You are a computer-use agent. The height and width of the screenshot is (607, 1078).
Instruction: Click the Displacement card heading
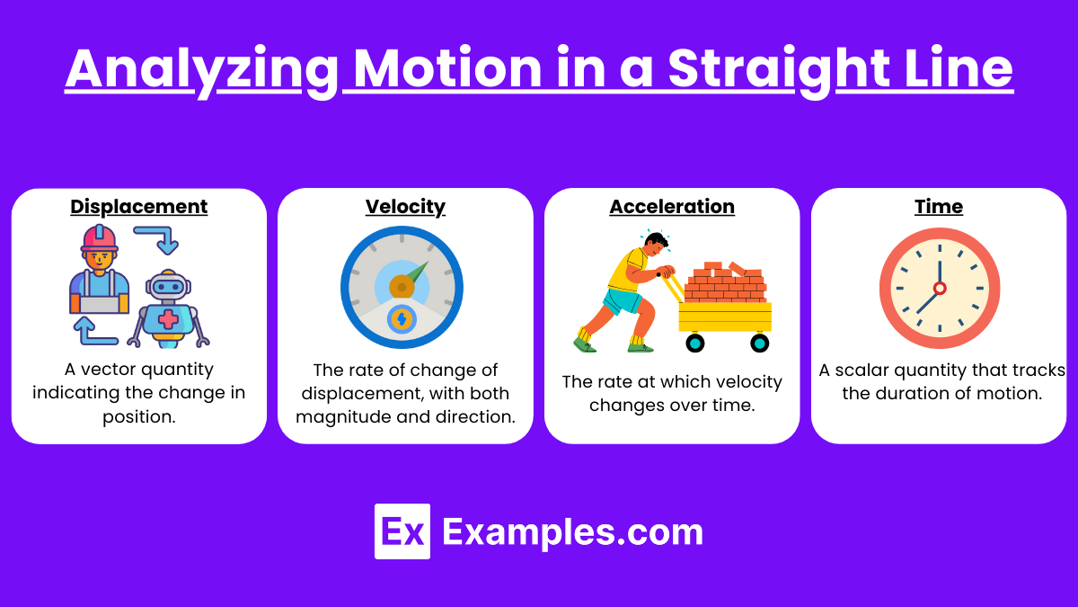coord(138,207)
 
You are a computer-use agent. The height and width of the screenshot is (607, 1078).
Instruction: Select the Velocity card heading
coord(405,207)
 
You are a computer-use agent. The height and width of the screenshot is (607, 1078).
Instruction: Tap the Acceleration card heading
coord(672,207)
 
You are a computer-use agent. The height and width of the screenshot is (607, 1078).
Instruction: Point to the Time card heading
coord(939,207)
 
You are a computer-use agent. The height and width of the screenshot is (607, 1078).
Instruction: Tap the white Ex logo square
coord(402,531)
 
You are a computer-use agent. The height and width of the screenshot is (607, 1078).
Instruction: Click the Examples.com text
coord(573,532)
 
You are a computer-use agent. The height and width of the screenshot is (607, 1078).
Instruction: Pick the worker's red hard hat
coord(99,238)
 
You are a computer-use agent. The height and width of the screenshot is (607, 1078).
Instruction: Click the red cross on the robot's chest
coord(168,319)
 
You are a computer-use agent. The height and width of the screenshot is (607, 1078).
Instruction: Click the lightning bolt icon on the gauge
coord(402,319)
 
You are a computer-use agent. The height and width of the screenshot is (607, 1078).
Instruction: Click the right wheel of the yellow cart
coord(759,343)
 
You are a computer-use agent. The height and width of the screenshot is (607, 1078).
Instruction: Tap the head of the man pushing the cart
coord(655,245)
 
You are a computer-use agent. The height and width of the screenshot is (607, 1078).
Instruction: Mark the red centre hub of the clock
coord(940,288)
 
